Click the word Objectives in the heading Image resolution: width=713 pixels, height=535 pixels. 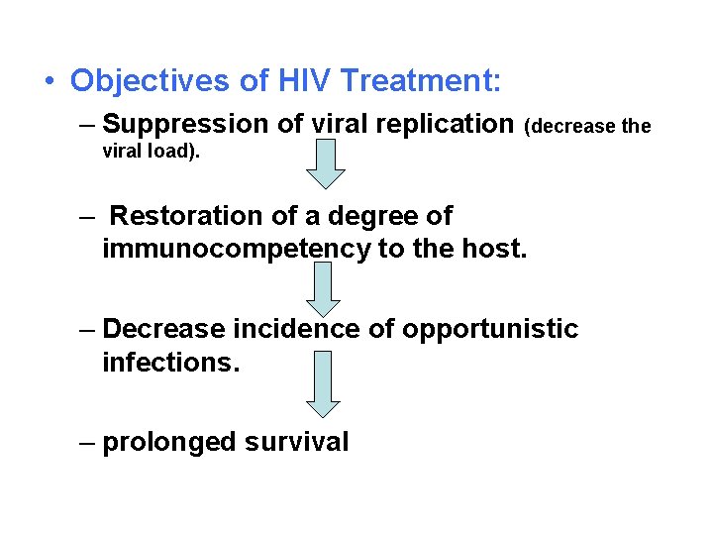(136, 80)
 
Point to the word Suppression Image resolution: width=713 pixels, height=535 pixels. (175, 125)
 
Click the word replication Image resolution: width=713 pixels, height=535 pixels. (442, 125)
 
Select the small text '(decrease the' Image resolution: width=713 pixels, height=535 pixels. (587, 127)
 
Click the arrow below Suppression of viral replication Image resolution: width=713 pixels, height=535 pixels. (325, 163)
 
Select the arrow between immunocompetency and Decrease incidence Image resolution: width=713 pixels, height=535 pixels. (323, 288)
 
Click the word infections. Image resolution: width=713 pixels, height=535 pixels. (171, 363)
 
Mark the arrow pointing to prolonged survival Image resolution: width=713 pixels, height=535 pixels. (323, 384)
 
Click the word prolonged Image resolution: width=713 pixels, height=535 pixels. (162, 442)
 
